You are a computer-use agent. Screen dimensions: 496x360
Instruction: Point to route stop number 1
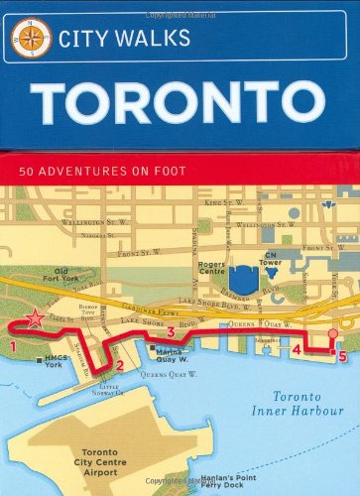pyautogui.click(x=14, y=345)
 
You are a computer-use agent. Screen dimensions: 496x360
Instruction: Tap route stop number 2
pyautogui.click(x=119, y=365)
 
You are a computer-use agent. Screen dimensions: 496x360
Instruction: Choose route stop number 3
pyautogui.click(x=171, y=331)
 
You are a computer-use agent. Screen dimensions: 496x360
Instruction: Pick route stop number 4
pyautogui.click(x=297, y=348)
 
